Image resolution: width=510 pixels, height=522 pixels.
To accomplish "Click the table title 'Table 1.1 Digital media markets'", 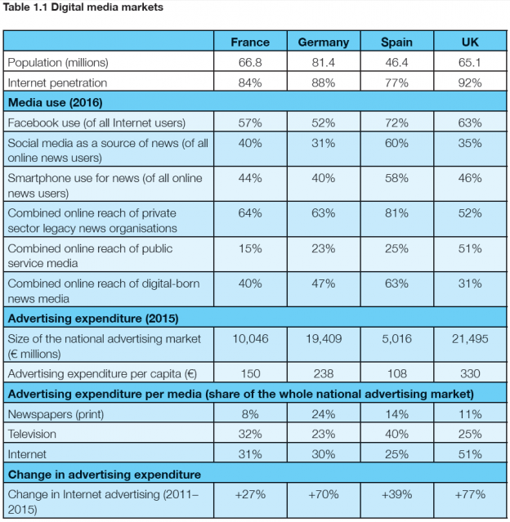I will pos(83,8).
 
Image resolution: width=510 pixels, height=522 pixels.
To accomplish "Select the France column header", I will pos(249,42).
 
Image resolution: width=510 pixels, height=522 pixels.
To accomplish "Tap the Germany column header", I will pos(323,42).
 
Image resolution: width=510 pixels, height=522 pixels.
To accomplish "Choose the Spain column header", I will pos(396,42).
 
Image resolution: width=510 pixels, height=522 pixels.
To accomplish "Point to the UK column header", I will pos(470,42).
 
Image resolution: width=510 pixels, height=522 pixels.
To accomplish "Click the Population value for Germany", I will pos(323,62).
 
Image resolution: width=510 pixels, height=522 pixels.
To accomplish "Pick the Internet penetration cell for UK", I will pos(470,83).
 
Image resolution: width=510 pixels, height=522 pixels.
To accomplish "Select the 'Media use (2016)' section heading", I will pos(55,103).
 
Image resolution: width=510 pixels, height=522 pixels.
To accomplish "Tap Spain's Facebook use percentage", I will pos(396,123).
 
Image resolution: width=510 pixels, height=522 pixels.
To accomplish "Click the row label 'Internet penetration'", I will pos(56,83).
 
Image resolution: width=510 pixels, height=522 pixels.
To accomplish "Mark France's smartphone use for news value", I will pos(249,178).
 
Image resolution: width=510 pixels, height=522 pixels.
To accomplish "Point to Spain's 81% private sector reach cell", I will pos(396,213).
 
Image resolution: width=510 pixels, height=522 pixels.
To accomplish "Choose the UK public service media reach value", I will pos(470,248).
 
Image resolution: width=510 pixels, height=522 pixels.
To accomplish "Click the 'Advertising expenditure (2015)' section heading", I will pos(92,318).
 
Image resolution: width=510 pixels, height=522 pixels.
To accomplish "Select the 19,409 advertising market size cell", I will pos(323,338).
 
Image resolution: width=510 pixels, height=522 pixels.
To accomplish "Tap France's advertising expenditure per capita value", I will pos(249,374).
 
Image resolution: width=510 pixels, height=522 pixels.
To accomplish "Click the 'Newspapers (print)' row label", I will pos(51,414).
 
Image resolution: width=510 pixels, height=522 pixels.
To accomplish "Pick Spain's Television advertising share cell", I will pos(396,434).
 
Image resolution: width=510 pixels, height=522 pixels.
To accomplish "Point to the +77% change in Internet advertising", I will pos(470,494).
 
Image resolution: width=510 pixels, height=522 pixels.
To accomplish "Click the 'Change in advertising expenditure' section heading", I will pos(104,474).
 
